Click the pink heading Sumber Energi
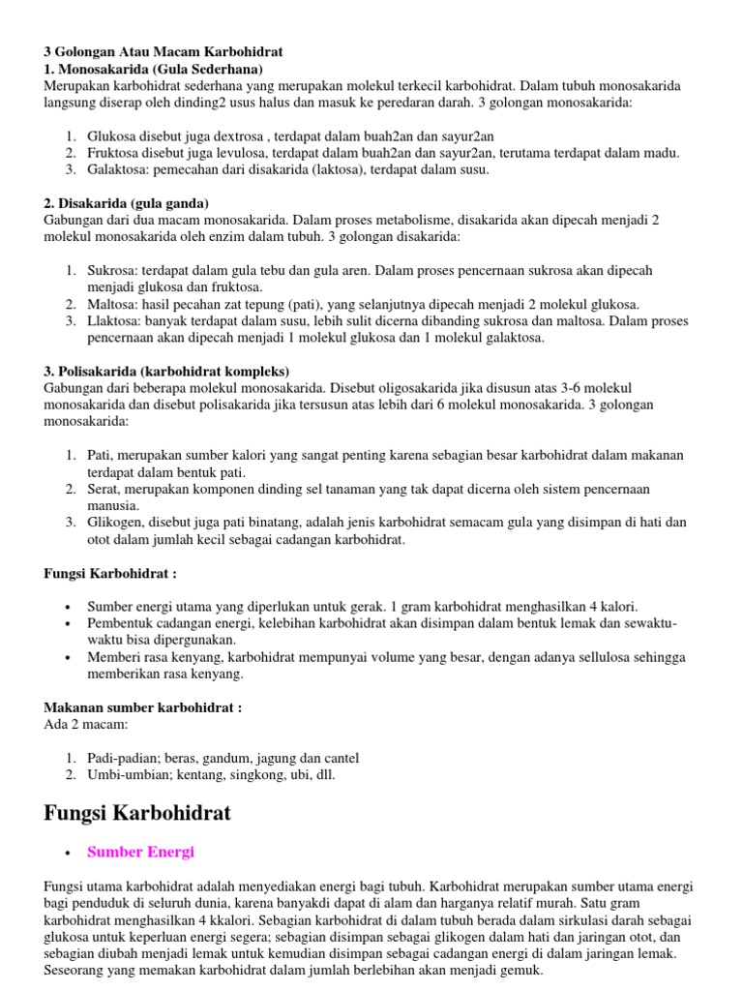pos(140,852)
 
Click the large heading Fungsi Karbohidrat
pos(137,812)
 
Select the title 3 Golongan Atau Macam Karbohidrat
pos(163,51)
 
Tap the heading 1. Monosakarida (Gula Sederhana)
pos(153,70)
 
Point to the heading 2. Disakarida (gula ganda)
pos(127,203)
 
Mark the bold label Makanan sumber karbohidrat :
pos(143,707)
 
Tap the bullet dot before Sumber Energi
pos(67,854)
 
